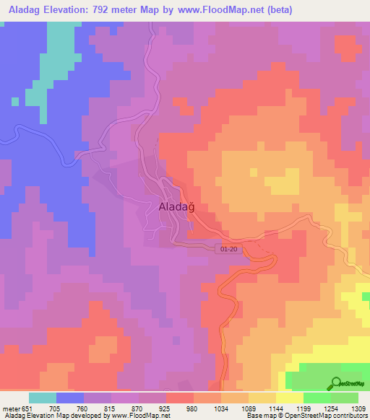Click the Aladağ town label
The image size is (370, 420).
pos(177,207)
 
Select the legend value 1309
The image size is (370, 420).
pos(350,407)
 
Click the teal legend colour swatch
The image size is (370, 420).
pos(43,398)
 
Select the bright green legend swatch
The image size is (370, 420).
pos(317,398)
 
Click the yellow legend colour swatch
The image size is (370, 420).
pos(290,398)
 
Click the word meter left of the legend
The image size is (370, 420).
pos(11,407)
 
